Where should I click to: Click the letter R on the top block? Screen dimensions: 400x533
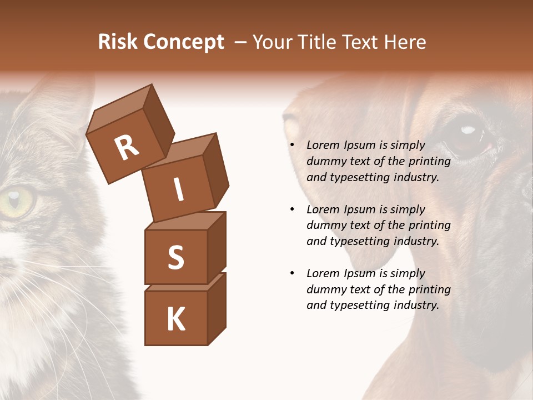pyautogui.click(x=127, y=147)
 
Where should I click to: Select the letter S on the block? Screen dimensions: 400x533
pyautogui.click(x=175, y=257)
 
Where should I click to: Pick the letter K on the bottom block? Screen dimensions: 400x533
pyautogui.click(x=175, y=319)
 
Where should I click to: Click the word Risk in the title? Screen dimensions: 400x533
pyautogui.click(x=118, y=42)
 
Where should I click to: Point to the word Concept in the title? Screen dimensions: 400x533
pyautogui.click(x=183, y=42)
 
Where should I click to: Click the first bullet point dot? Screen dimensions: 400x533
pyautogui.click(x=292, y=146)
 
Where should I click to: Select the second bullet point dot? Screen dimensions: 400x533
pyautogui.click(x=292, y=210)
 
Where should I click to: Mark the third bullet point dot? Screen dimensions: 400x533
pyautogui.click(x=292, y=274)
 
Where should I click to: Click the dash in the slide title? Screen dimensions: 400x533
pyautogui.click(x=241, y=42)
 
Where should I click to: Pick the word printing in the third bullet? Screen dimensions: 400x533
pyautogui.click(x=429, y=289)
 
